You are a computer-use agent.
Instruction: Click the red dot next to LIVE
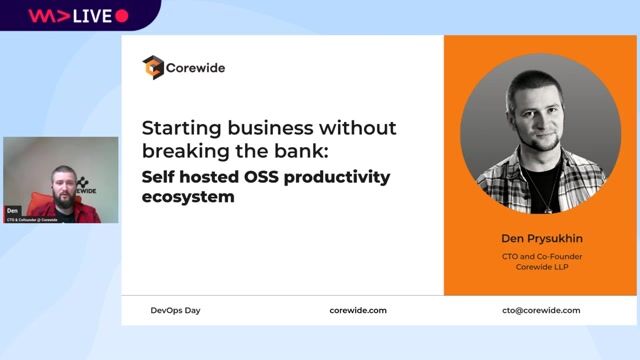122,15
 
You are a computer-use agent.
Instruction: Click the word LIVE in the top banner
91,15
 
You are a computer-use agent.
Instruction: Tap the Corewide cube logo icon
152,67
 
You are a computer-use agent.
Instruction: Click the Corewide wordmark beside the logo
194,68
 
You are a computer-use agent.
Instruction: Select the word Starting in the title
177,129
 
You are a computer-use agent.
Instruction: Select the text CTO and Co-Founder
541,256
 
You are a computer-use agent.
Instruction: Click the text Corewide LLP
541,268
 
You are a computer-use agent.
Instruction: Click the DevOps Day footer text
175,310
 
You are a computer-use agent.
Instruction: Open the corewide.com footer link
357,310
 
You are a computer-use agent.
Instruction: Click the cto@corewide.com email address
541,310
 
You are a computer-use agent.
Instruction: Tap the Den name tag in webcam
13,211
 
